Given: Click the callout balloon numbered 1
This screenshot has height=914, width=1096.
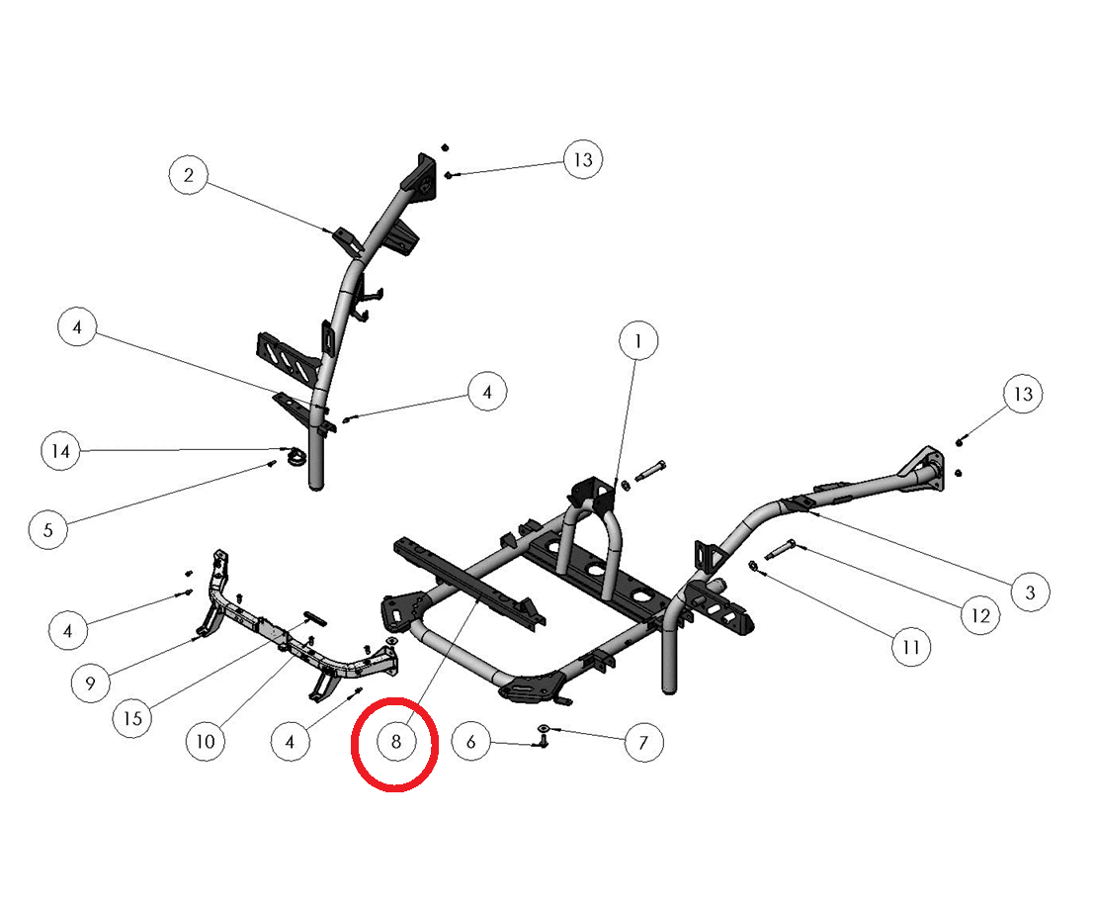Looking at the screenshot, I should pos(638,342).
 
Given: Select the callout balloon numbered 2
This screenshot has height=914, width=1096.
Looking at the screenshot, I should pos(189,176).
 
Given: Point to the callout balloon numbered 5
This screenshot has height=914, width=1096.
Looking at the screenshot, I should pos(47,528).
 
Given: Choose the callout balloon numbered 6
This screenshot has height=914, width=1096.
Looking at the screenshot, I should pos(471,741).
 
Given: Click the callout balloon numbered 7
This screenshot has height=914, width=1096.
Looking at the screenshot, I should pos(643,741).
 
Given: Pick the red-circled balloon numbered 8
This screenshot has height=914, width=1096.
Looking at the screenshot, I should pos(395,742).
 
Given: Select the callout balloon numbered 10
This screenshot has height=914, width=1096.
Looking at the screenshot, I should pos(206,741).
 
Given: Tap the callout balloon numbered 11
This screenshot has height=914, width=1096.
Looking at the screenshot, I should pos(910,647).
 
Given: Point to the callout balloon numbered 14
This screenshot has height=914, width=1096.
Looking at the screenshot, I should pos(61,451).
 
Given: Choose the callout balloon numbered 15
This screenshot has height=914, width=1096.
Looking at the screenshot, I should pos(132,717).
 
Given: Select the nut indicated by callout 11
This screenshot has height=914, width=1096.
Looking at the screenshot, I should pos(753,566).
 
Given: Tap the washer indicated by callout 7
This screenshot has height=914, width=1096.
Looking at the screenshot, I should pos(545,729).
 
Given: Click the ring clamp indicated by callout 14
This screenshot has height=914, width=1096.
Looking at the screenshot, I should pos(295,458).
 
